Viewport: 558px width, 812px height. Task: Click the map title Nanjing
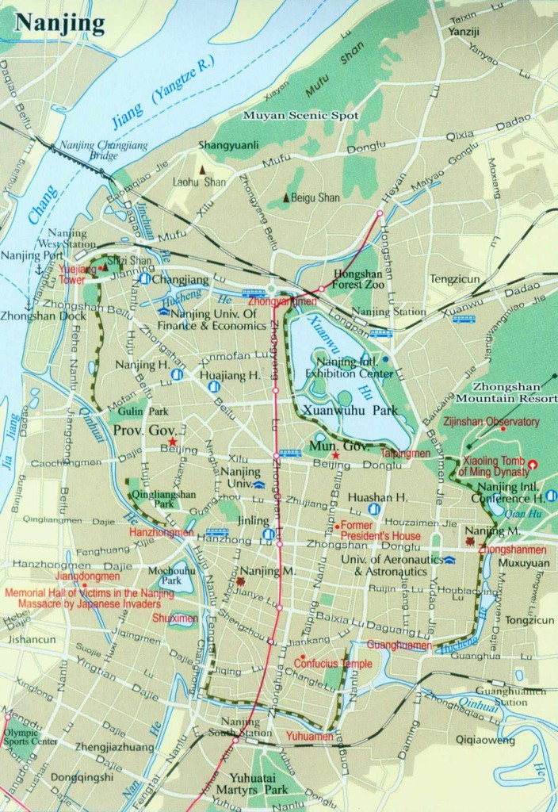[60, 24]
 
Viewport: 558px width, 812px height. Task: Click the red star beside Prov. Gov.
[172, 440]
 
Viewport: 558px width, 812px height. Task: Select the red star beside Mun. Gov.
[335, 456]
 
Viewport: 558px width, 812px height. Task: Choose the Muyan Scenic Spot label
[314, 116]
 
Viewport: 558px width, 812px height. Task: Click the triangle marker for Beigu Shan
[287, 197]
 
